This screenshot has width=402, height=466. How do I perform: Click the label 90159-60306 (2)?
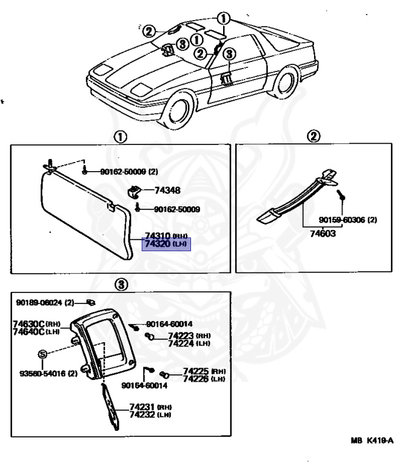pyautogui.click(x=347, y=220)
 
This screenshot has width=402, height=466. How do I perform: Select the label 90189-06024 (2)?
pyautogui.click(x=45, y=302)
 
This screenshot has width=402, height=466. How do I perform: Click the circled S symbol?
pyautogui.click(x=42, y=354)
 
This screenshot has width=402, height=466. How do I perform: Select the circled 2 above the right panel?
pyautogui.click(x=313, y=137)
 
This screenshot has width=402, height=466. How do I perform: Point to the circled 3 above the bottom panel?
pyautogui.click(x=121, y=283)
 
